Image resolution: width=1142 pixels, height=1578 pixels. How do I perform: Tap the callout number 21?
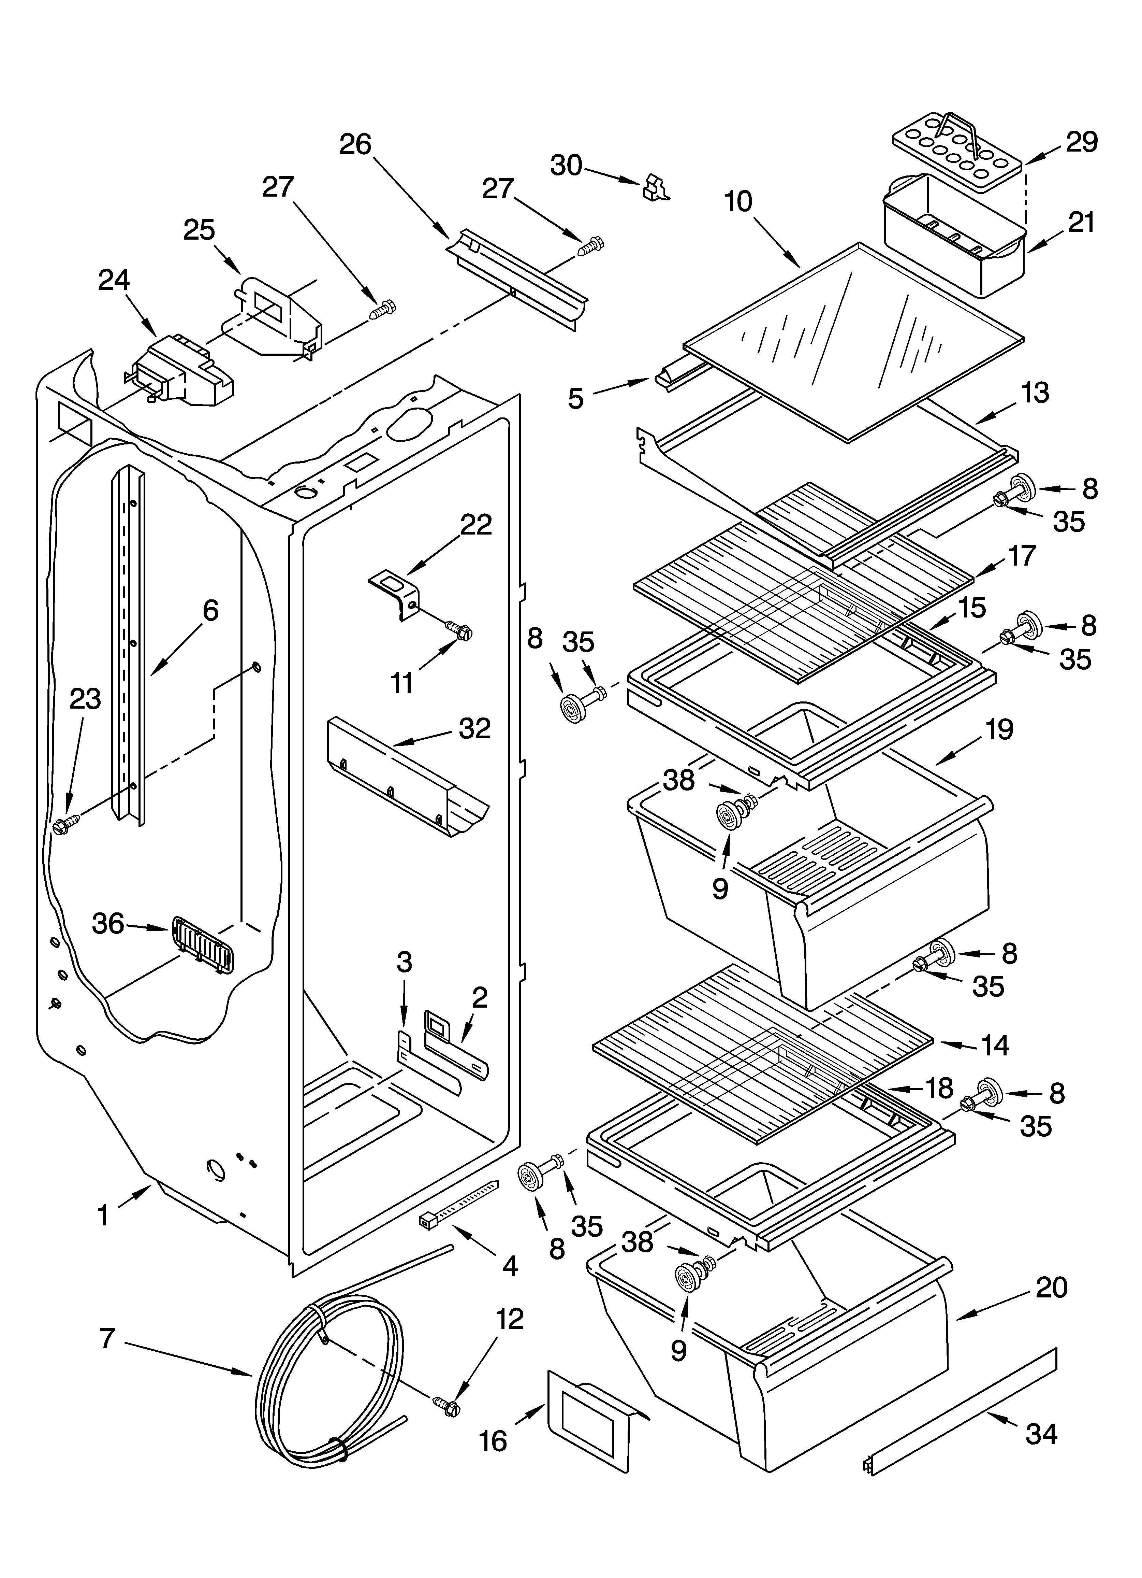pos(1081,223)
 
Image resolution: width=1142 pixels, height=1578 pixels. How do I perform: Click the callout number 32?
pos(475,728)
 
